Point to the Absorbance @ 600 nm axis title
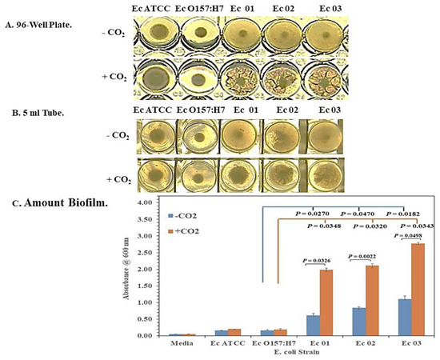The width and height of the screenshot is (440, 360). tap(121, 268)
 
